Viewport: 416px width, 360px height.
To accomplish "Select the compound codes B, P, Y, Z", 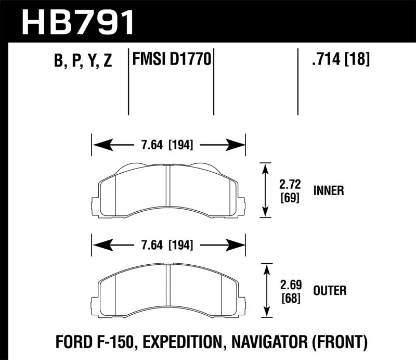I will click(83, 61).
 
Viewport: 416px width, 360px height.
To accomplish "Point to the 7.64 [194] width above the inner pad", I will click(168, 145).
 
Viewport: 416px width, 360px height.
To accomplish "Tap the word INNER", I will click(328, 191).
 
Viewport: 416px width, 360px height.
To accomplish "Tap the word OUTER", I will click(330, 290).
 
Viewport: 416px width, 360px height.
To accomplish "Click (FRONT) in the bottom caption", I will click(342, 342).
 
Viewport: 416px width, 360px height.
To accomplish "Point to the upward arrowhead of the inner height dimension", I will click(266, 168).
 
